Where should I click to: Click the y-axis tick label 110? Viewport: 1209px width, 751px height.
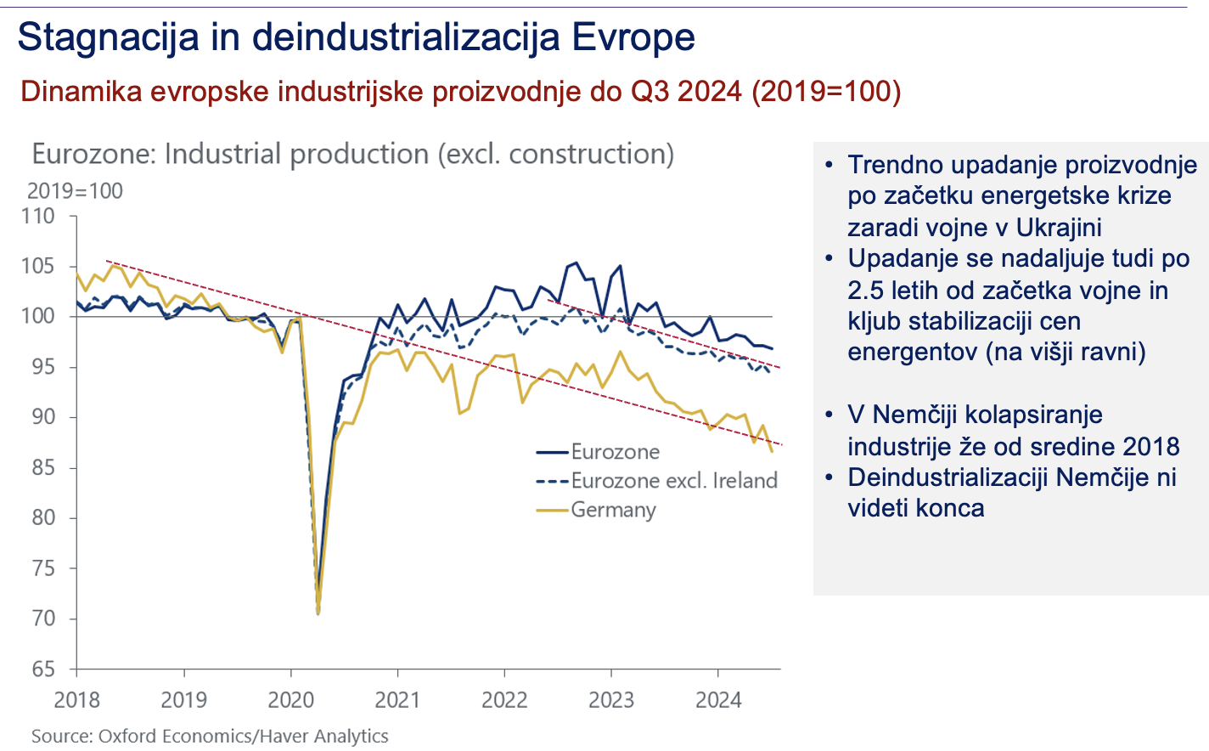click(37, 217)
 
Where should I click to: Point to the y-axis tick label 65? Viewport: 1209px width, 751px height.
click(43, 669)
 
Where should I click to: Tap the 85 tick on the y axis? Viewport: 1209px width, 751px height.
click(43, 468)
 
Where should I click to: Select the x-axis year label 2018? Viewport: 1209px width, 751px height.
click(76, 701)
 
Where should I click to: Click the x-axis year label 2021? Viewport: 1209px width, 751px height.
click(397, 701)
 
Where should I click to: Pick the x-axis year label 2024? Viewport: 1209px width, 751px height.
click(718, 701)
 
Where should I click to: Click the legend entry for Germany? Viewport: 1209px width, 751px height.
click(613, 510)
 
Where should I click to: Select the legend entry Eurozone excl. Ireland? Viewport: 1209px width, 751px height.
click(674, 481)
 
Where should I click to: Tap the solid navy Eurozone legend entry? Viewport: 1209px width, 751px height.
click(615, 452)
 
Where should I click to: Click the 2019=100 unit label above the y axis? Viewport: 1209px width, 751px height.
click(75, 191)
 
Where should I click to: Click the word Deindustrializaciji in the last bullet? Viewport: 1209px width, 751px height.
click(969, 477)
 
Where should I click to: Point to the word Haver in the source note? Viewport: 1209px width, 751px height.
click(283, 736)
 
